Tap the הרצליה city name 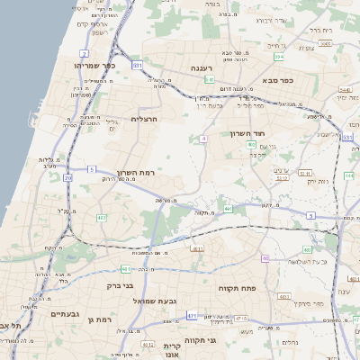[144, 119]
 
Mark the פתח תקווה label [238, 287]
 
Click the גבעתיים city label [66, 313]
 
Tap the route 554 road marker [280, 57]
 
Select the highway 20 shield [67, 178]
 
